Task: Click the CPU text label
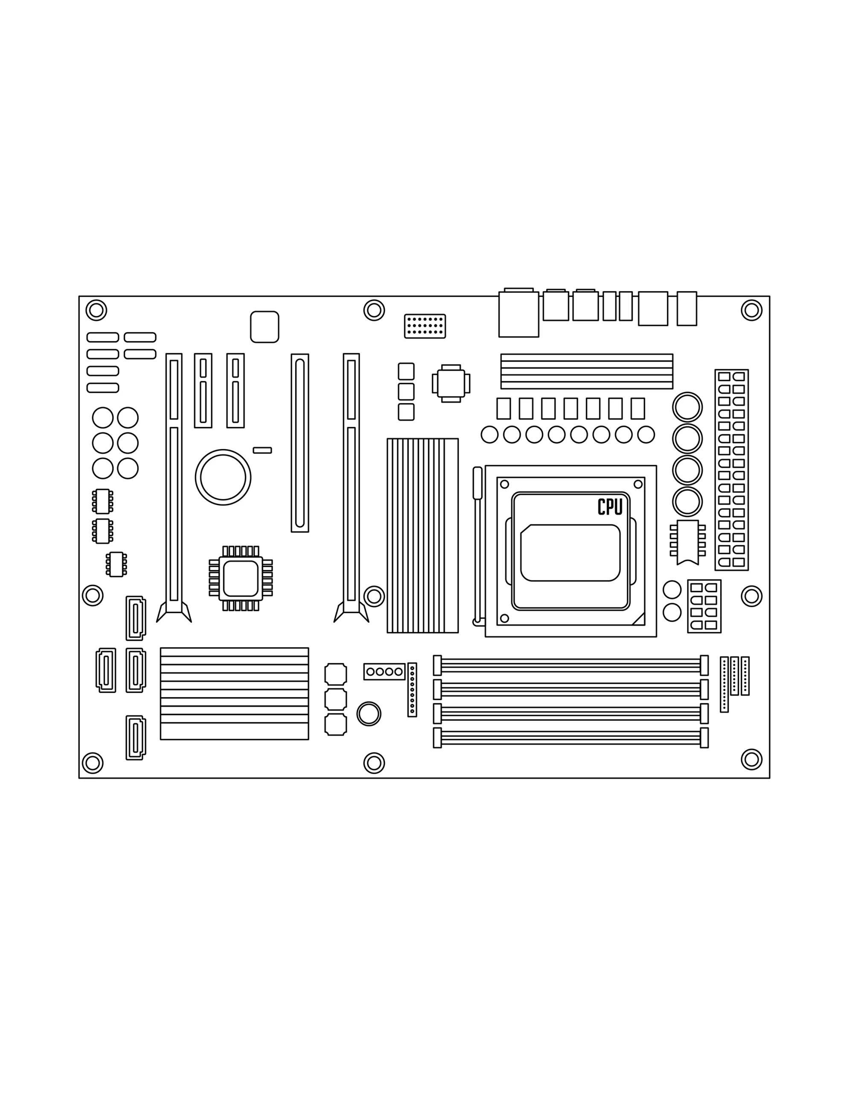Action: (x=610, y=506)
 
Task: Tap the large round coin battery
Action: (x=223, y=477)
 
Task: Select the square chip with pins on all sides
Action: (x=241, y=578)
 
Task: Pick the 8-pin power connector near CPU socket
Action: (x=704, y=606)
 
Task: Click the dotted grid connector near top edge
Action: (x=425, y=326)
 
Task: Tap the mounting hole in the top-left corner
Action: (x=96, y=310)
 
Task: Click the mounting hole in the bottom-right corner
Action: (x=751, y=759)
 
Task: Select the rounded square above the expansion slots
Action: (x=265, y=327)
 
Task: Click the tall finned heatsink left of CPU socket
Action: (x=423, y=535)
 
